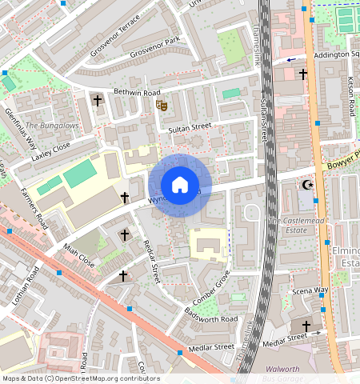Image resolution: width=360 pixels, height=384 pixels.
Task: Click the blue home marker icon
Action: [180, 185]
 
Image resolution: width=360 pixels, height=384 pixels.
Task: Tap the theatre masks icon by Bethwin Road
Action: [162, 103]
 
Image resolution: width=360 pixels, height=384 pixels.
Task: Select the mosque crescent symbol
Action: [306, 185]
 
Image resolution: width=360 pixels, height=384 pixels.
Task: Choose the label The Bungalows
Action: [52, 126]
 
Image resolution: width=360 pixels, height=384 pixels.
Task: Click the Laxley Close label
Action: [51, 151]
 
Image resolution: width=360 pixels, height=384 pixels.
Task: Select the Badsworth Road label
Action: [211, 314]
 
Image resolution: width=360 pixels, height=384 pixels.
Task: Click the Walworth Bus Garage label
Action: [282, 374]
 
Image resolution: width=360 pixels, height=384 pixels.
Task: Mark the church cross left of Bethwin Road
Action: [98, 101]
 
